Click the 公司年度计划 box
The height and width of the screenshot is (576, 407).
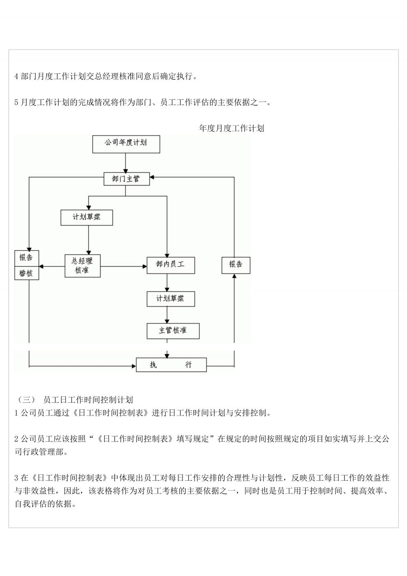(x=126, y=144)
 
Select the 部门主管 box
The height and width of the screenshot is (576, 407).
(x=126, y=179)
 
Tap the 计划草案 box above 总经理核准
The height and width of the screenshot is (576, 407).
(x=87, y=218)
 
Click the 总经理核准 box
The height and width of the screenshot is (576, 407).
(x=82, y=266)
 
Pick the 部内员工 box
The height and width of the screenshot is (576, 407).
(x=171, y=265)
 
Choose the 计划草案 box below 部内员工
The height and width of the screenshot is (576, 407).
(x=171, y=299)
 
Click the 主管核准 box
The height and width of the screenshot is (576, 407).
(x=173, y=331)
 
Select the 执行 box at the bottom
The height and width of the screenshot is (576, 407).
(x=171, y=365)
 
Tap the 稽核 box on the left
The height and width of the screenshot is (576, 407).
(x=27, y=273)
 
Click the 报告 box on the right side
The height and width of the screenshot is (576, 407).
(x=236, y=265)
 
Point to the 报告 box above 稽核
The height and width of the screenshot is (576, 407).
(x=27, y=258)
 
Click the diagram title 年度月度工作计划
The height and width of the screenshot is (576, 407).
(x=231, y=128)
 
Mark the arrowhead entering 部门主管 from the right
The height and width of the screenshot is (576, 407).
(x=151, y=177)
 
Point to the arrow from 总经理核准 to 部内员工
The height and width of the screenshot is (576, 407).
(x=123, y=266)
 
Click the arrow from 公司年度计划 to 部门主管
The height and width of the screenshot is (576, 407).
(x=126, y=163)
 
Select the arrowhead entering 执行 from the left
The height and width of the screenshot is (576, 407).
(x=134, y=366)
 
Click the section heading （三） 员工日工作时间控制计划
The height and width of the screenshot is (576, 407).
(x=74, y=399)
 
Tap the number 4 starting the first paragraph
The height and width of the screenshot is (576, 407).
(x=16, y=76)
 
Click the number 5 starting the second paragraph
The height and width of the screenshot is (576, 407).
(x=16, y=103)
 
